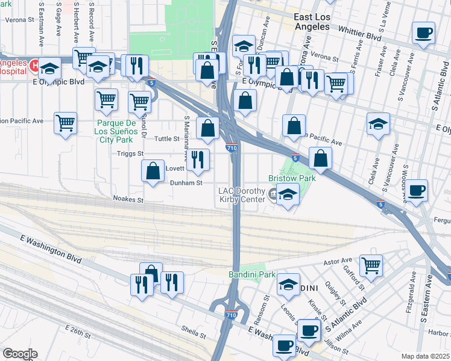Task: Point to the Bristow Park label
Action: point(292,179)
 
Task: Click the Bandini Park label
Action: point(251,274)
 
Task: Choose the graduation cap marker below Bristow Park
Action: point(288,195)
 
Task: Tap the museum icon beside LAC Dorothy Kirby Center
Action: point(273,193)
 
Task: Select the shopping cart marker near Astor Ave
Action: point(371,265)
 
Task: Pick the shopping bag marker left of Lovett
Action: point(154,170)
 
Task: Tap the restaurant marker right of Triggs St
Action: point(198,159)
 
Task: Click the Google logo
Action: point(20,354)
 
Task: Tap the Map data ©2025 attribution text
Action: point(425,356)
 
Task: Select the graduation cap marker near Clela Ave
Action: point(379,124)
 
